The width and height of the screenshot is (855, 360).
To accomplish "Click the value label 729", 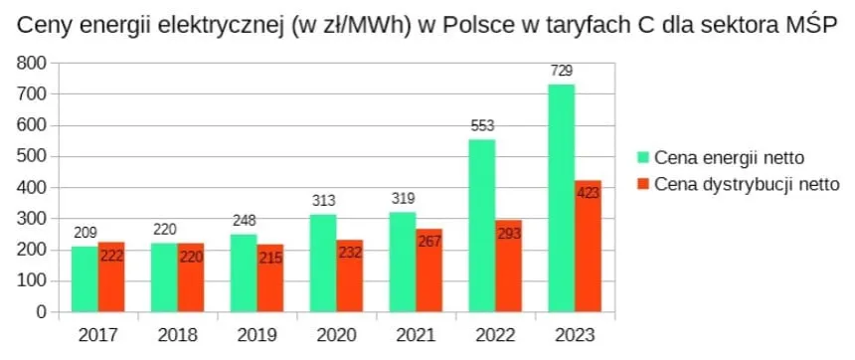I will click(562, 71).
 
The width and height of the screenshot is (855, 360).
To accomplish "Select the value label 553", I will click(482, 126).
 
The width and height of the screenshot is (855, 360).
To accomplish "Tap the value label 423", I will click(589, 193).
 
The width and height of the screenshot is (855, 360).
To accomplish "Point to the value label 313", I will click(323, 201).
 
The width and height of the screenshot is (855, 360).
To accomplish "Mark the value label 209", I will click(85, 233).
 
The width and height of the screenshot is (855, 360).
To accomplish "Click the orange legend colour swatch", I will click(643, 184).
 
